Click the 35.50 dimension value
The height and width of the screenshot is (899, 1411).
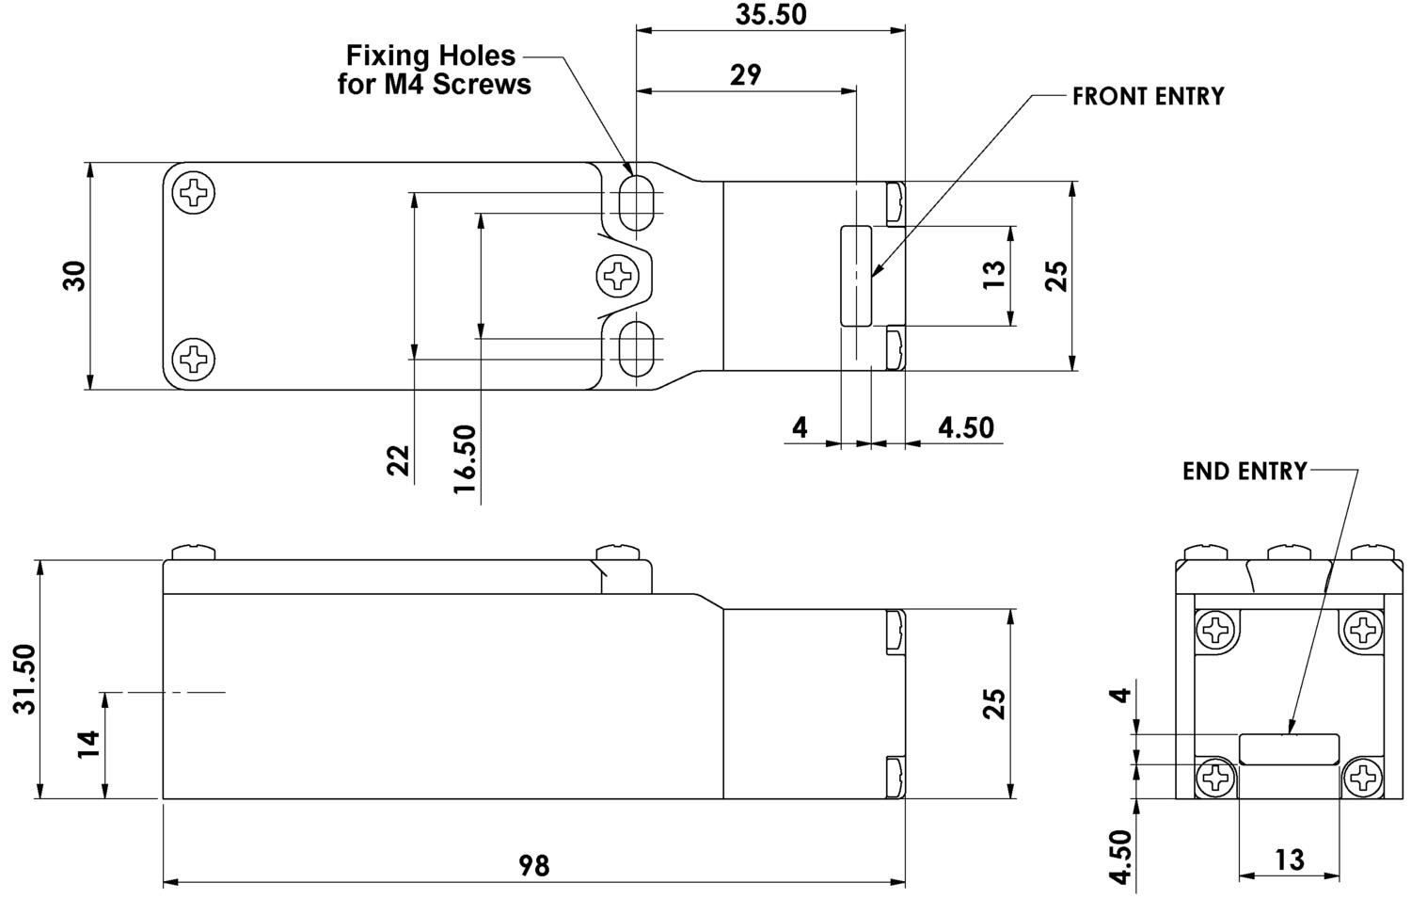click(x=770, y=14)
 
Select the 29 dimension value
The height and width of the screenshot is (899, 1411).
click(x=746, y=75)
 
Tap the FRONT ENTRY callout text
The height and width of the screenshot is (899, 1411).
click(x=1149, y=96)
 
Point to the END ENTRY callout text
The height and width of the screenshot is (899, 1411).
click(x=1245, y=471)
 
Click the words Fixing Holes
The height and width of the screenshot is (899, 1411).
click(x=431, y=56)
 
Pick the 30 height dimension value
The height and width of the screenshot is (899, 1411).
click(x=75, y=276)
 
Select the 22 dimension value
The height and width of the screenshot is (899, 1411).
click(x=398, y=460)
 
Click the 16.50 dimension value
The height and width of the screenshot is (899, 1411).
click(x=465, y=459)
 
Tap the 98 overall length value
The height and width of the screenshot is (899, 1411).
click(x=534, y=866)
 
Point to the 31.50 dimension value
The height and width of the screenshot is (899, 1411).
click(x=25, y=679)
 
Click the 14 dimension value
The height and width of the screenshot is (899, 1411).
click(x=88, y=745)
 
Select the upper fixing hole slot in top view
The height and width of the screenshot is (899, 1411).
click(x=636, y=203)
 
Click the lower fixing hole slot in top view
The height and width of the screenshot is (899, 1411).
click(x=636, y=348)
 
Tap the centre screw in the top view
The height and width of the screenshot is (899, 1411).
click(x=618, y=276)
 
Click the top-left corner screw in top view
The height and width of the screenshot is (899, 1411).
click(x=194, y=192)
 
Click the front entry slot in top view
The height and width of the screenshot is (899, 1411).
click(x=856, y=276)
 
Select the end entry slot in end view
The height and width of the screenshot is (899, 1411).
click(x=1290, y=749)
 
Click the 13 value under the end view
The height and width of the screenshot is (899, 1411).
click(x=1290, y=859)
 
